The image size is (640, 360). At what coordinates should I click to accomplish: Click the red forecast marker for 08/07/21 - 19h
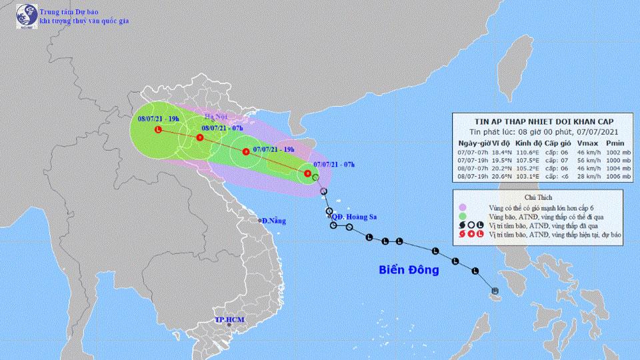(x=157, y=129)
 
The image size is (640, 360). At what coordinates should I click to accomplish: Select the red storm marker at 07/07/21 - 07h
(x=307, y=174)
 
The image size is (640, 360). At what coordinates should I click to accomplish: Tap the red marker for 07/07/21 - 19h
(x=245, y=151)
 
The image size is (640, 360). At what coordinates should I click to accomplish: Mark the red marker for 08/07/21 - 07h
(x=200, y=138)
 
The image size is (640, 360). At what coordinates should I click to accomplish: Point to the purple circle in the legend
(x=464, y=209)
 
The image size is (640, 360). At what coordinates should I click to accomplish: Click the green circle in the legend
(x=464, y=218)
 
